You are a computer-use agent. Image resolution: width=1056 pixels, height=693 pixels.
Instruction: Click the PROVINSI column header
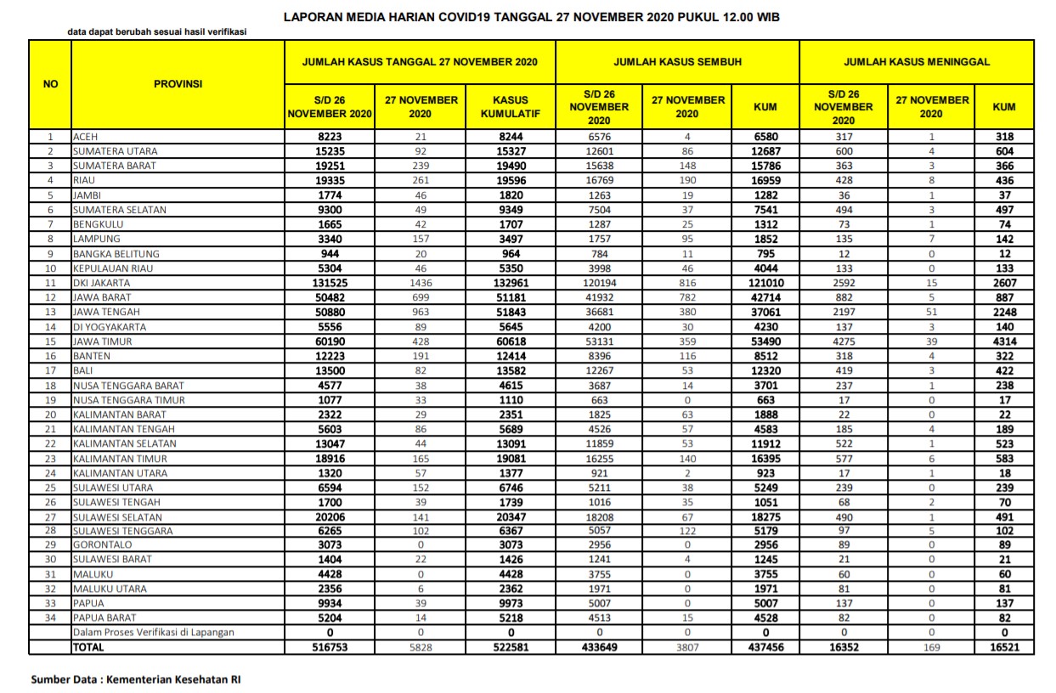pyautogui.click(x=178, y=84)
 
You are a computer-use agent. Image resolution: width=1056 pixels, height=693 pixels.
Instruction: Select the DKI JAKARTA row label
pyautogui.click(x=101, y=283)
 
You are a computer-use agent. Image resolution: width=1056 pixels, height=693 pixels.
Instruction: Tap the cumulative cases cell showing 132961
pyautogui.click(x=511, y=283)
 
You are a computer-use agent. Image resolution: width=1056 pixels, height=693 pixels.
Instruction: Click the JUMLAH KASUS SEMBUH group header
pyautogui.click(x=677, y=62)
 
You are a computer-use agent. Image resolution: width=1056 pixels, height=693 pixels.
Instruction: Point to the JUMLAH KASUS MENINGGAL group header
pyautogui.click(x=916, y=62)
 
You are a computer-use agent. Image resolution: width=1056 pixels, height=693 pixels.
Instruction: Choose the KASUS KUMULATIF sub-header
pyautogui.click(x=511, y=106)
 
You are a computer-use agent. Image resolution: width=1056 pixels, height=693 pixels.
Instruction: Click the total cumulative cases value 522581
pyautogui.click(x=511, y=647)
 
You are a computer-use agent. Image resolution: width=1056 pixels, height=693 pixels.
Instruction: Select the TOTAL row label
pyautogui.click(x=88, y=647)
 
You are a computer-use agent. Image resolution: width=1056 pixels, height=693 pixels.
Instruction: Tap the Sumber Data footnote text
pyautogui.click(x=135, y=679)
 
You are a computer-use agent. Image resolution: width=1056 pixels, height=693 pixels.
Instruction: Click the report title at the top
pyautogui.click(x=531, y=16)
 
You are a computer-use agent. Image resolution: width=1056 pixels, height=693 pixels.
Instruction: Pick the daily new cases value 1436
pyautogui.click(x=421, y=283)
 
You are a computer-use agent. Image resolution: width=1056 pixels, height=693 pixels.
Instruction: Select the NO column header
pyautogui.click(x=51, y=84)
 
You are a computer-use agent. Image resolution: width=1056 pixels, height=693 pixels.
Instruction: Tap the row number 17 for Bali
pyautogui.click(x=51, y=370)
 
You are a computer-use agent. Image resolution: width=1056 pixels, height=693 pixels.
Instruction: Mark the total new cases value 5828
pyautogui.click(x=421, y=647)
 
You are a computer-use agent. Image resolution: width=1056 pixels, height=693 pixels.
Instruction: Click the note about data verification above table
pyautogui.click(x=157, y=32)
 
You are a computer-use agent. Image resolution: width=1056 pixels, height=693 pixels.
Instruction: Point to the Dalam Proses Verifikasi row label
pyautogui.click(x=153, y=632)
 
